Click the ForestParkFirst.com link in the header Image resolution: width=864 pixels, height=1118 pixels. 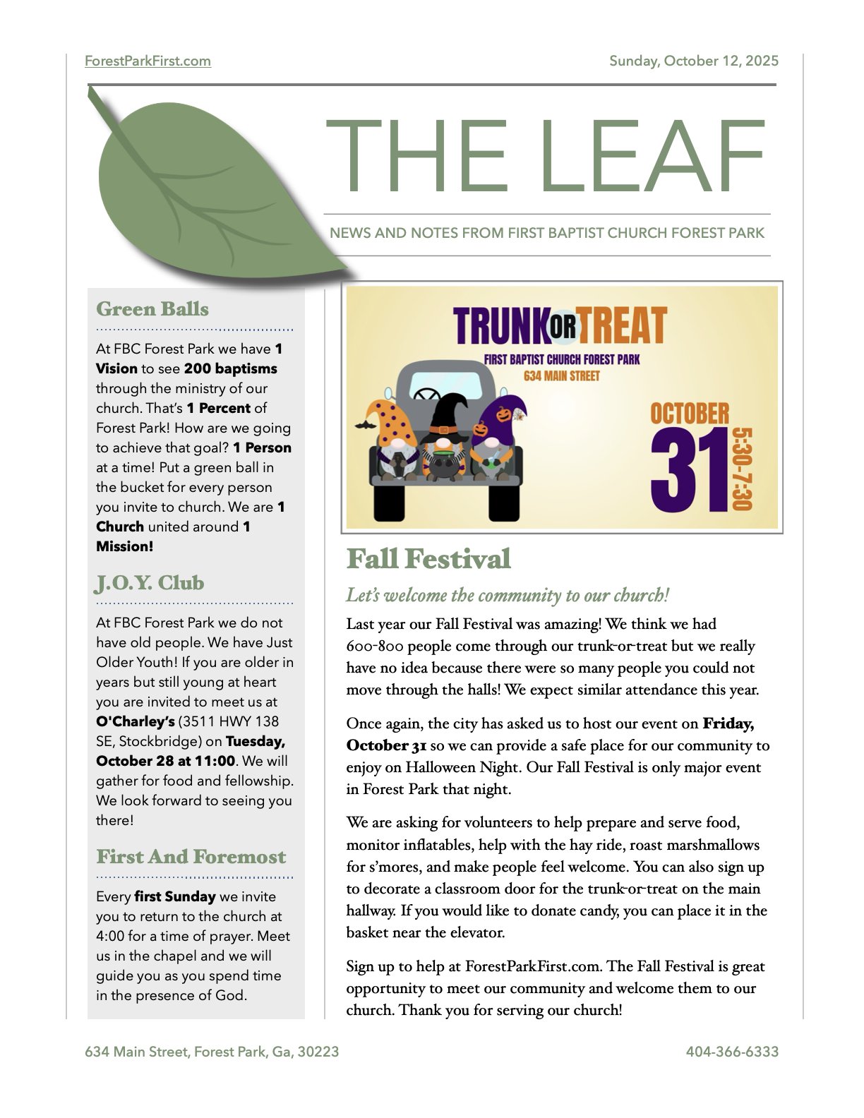point(148,61)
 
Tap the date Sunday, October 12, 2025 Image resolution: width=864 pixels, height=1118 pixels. point(694,61)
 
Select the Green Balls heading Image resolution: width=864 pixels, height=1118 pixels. point(152,309)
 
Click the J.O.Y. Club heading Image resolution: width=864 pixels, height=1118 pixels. point(150,583)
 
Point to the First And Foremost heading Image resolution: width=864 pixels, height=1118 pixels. point(191,857)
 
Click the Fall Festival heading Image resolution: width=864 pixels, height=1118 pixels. point(428,559)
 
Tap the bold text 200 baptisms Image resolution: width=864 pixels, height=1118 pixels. point(230,368)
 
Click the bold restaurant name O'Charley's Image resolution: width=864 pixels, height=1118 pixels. point(135,721)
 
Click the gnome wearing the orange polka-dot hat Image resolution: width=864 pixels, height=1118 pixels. point(393,441)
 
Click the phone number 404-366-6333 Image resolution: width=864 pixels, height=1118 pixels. point(732,1052)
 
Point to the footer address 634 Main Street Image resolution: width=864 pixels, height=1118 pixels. point(212,1052)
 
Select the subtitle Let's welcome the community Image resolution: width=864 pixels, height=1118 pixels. point(508,595)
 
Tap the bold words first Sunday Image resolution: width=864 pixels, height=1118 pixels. point(175,896)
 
